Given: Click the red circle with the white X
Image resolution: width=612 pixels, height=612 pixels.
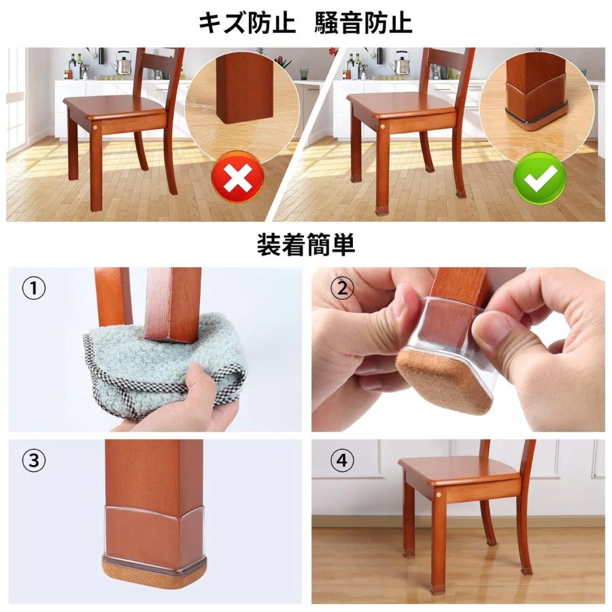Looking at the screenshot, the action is pyautogui.click(x=237, y=177).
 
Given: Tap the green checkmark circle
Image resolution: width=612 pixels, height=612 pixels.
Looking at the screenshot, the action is pyautogui.click(x=540, y=178).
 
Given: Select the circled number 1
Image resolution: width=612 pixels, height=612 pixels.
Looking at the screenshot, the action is pyautogui.click(x=33, y=289).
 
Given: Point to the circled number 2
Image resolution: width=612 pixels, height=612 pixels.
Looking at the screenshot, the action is pyautogui.click(x=342, y=289).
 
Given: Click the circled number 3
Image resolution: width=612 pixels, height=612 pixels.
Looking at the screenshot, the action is pyautogui.click(x=33, y=460).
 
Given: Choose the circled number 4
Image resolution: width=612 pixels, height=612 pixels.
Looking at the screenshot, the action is pyautogui.click(x=342, y=460).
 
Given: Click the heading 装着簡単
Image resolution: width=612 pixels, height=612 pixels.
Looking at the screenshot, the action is pyautogui.click(x=306, y=245).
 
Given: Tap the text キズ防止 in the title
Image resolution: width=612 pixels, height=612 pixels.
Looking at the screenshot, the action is pyautogui.click(x=247, y=23).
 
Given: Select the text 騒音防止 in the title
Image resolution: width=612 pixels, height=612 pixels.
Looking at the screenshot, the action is pyautogui.click(x=363, y=23).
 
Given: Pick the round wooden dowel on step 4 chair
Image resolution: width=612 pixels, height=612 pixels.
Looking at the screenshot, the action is pyautogui.click(x=439, y=494).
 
